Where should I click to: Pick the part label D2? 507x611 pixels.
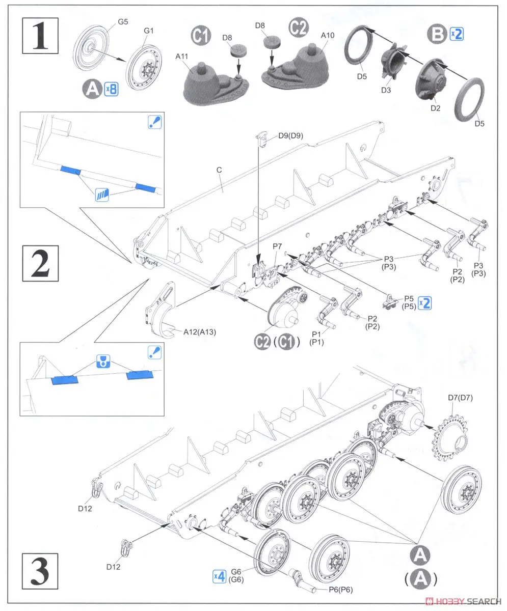(434, 108)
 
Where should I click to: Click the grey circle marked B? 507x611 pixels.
(437, 34)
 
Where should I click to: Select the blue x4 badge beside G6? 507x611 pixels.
(219, 576)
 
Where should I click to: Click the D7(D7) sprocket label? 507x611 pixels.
(461, 398)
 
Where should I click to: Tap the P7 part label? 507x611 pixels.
(277, 246)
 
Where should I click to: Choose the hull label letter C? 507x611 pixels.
(219, 183)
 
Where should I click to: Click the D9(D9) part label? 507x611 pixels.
(291, 136)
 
